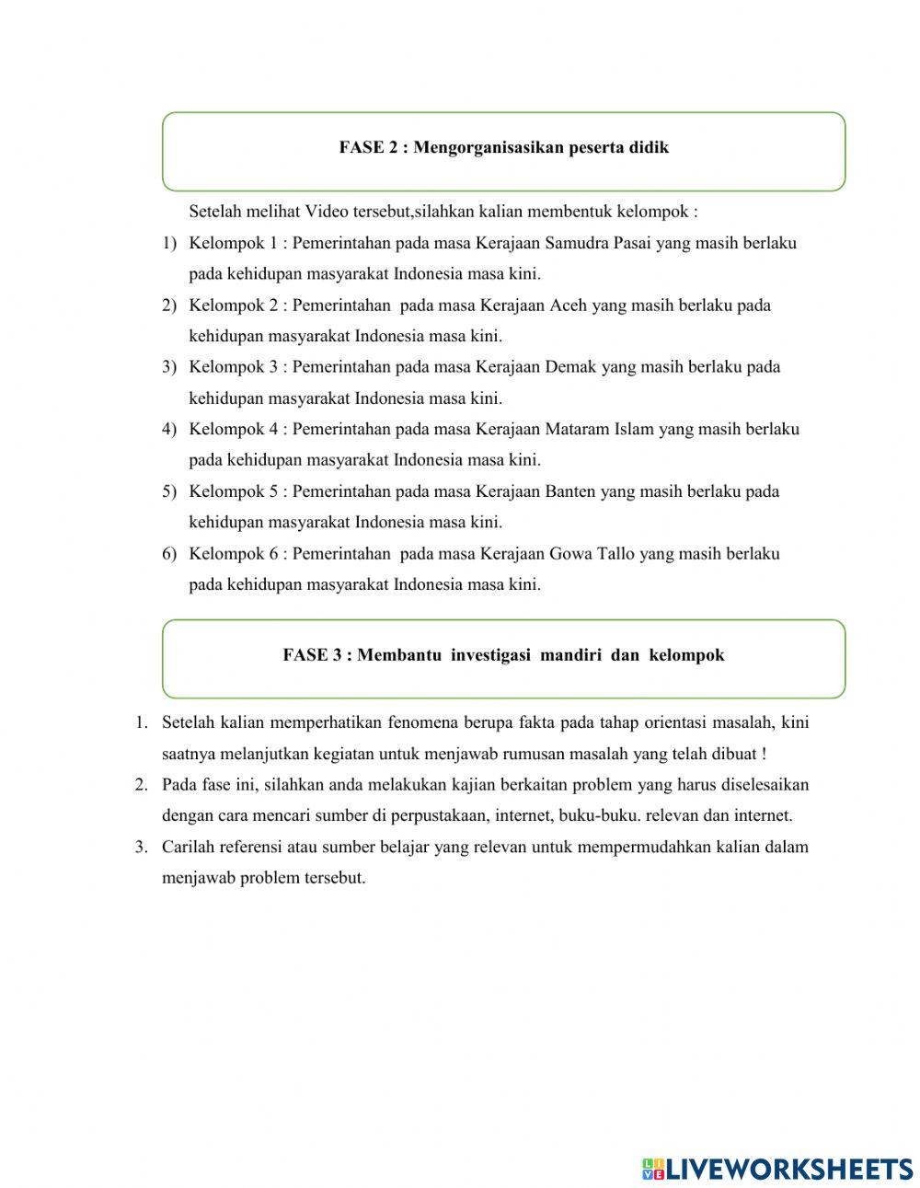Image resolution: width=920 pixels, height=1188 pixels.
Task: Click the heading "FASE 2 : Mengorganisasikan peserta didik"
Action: (x=503, y=147)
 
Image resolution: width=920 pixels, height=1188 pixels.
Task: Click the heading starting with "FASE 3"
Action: (x=503, y=655)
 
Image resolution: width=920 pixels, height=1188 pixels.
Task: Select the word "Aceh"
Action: (x=568, y=306)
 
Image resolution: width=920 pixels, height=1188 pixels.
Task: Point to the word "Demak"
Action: (x=570, y=367)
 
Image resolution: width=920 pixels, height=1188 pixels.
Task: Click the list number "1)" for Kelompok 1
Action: (x=169, y=244)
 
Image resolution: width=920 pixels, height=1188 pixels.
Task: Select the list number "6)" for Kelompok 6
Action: (x=169, y=554)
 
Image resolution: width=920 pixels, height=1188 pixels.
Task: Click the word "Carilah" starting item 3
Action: (x=188, y=847)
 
